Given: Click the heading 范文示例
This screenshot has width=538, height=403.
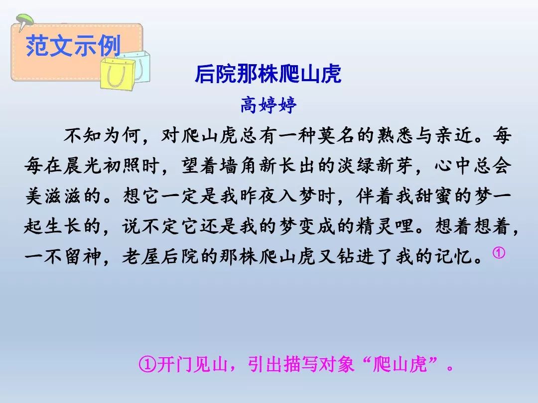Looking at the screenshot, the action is click(73, 46).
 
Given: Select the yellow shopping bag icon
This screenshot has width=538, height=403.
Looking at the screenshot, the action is click(118, 74).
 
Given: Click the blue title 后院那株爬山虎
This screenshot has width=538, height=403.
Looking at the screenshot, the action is click(268, 74).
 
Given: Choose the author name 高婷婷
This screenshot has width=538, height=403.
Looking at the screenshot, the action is click(269, 105).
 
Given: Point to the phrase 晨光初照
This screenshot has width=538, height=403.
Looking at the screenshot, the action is click(102, 166).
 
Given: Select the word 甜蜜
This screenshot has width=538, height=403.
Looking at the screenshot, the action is click(434, 196).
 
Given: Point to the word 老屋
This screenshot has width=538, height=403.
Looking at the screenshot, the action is click(141, 256).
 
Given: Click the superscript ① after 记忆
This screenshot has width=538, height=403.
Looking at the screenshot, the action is click(499, 253).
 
